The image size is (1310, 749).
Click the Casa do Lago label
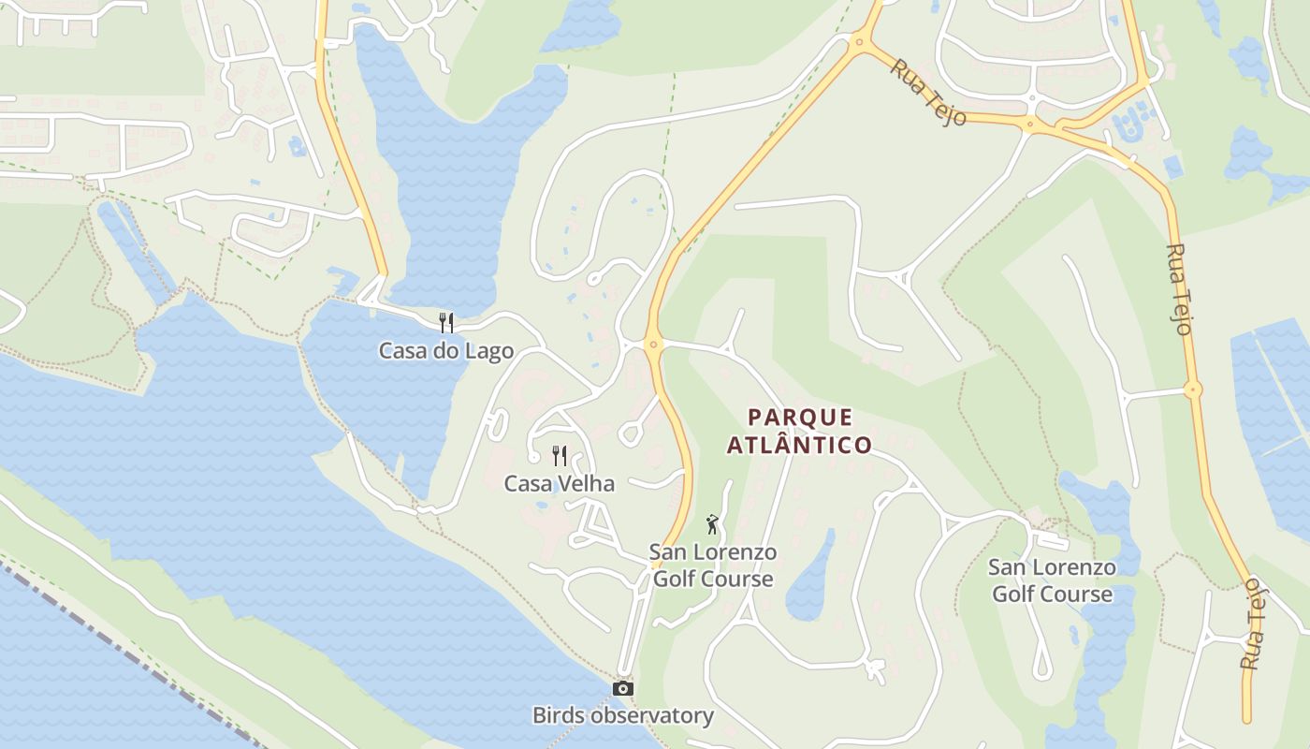(x=446, y=351)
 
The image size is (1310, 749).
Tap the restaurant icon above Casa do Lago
(x=446, y=323)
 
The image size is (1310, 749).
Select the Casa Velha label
(x=559, y=484)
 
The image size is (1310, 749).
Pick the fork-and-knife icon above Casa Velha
(x=560, y=456)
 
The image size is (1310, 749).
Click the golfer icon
(x=712, y=524)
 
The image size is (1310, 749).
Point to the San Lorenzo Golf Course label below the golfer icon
(x=713, y=565)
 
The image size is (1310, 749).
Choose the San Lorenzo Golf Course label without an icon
(x=1052, y=580)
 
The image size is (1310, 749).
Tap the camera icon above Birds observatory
(x=622, y=689)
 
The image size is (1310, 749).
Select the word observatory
(x=651, y=716)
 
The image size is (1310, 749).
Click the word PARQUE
(x=800, y=418)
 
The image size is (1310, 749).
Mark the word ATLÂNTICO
(x=800, y=445)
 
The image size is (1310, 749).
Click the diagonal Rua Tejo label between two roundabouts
(x=927, y=92)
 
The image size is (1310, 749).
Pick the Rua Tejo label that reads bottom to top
(x=1252, y=623)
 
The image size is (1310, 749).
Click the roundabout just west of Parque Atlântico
(x=653, y=345)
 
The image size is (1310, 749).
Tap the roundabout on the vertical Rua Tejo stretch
(x=1192, y=389)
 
